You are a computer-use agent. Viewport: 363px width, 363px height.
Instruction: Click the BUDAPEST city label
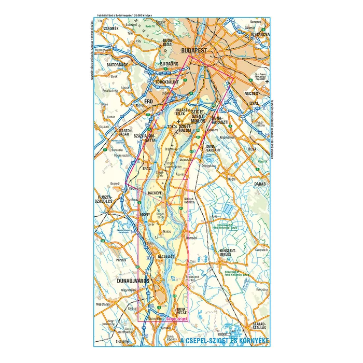click(x=195, y=51)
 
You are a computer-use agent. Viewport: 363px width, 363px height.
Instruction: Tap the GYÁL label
click(x=254, y=103)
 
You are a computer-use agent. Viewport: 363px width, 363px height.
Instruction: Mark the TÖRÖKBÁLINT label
click(x=167, y=82)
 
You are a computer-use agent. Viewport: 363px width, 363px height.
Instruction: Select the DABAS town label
click(x=258, y=184)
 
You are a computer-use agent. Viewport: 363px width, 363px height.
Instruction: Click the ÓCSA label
click(x=252, y=149)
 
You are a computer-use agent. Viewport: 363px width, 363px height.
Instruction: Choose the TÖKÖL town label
click(x=173, y=127)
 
